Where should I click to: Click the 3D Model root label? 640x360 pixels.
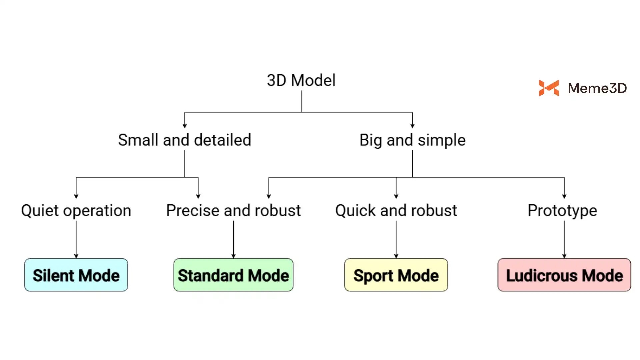pyautogui.click(x=301, y=80)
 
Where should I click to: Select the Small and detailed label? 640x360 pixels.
pyautogui.click(x=184, y=140)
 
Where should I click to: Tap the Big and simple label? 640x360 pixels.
pyautogui.click(x=412, y=140)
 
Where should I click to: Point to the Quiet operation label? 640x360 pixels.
pyautogui.click(x=76, y=211)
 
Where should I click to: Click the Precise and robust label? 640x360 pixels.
pyautogui.click(x=233, y=211)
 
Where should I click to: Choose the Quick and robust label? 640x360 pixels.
pyautogui.click(x=396, y=211)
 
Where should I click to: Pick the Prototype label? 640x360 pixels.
pyautogui.click(x=562, y=211)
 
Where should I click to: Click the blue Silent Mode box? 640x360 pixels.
pyautogui.click(x=76, y=275)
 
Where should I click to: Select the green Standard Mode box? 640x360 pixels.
pyautogui.click(x=233, y=275)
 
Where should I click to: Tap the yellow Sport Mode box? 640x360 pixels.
pyautogui.click(x=396, y=275)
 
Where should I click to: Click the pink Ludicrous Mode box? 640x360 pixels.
pyautogui.click(x=564, y=275)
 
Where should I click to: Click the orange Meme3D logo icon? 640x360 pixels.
pyautogui.click(x=549, y=88)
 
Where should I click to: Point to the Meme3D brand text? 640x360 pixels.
pyautogui.click(x=597, y=88)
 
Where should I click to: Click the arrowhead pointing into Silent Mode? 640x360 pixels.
pyautogui.click(x=76, y=256)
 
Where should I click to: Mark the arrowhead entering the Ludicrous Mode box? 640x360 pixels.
pyautogui.click(x=564, y=256)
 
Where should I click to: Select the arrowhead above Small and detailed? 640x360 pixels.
pyautogui.click(x=185, y=126)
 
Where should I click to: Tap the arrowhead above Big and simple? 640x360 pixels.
pyautogui.click(x=412, y=126)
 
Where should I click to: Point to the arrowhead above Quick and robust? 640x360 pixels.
pyautogui.click(x=396, y=196)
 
